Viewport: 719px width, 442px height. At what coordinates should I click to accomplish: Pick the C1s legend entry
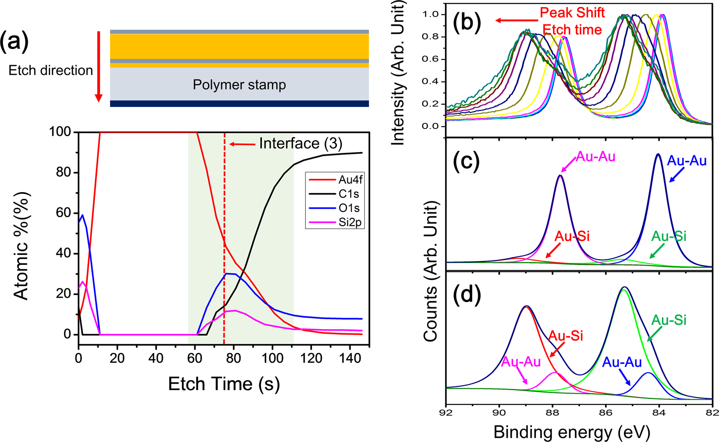(x=349, y=194)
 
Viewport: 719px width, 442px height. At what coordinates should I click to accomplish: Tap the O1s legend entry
(x=349, y=208)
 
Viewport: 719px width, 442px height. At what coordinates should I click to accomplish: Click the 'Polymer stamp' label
(x=239, y=85)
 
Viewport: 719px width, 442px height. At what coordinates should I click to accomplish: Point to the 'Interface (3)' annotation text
(x=301, y=143)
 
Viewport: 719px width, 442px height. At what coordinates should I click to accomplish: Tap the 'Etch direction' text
(x=51, y=71)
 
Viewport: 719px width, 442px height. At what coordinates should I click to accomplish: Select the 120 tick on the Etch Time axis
(x=311, y=358)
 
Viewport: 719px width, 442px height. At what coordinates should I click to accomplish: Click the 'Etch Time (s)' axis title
(x=224, y=384)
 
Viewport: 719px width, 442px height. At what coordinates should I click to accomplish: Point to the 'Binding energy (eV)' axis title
(x=572, y=432)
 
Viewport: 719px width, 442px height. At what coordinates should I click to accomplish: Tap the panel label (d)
(x=467, y=295)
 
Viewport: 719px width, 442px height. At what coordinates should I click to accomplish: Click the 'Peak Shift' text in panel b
(x=572, y=13)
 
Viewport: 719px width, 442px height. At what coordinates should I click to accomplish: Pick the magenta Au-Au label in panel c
(x=596, y=156)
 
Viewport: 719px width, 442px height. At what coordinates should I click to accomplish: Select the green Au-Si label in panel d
(x=668, y=320)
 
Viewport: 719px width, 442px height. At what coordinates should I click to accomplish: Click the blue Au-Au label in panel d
(x=622, y=363)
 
